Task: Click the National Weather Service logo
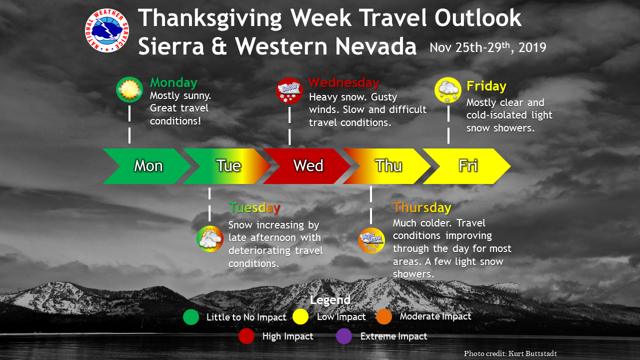click(x=107, y=30)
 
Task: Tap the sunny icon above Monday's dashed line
click(x=129, y=89)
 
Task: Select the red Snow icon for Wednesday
click(x=289, y=90)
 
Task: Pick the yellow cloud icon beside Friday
click(x=448, y=90)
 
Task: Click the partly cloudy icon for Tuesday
click(x=210, y=238)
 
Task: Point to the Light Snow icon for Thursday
click(x=371, y=240)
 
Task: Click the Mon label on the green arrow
click(x=148, y=165)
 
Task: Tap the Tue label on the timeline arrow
click(x=228, y=165)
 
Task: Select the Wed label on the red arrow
click(x=308, y=165)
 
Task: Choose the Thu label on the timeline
click(x=388, y=165)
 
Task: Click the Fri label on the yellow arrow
click(x=468, y=165)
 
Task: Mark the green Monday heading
click(x=173, y=83)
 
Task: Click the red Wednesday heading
click(x=344, y=83)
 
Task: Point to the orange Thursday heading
click(x=422, y=207)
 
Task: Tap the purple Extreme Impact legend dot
click(x=344, y=336)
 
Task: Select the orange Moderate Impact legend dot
click(x=384, y=316)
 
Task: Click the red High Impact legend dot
click(x=246, y=336)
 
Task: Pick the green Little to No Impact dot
click(x=191, y=317)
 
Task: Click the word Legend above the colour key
click(x=330, y=300)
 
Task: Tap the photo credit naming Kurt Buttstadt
click(x=510, y=353)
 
